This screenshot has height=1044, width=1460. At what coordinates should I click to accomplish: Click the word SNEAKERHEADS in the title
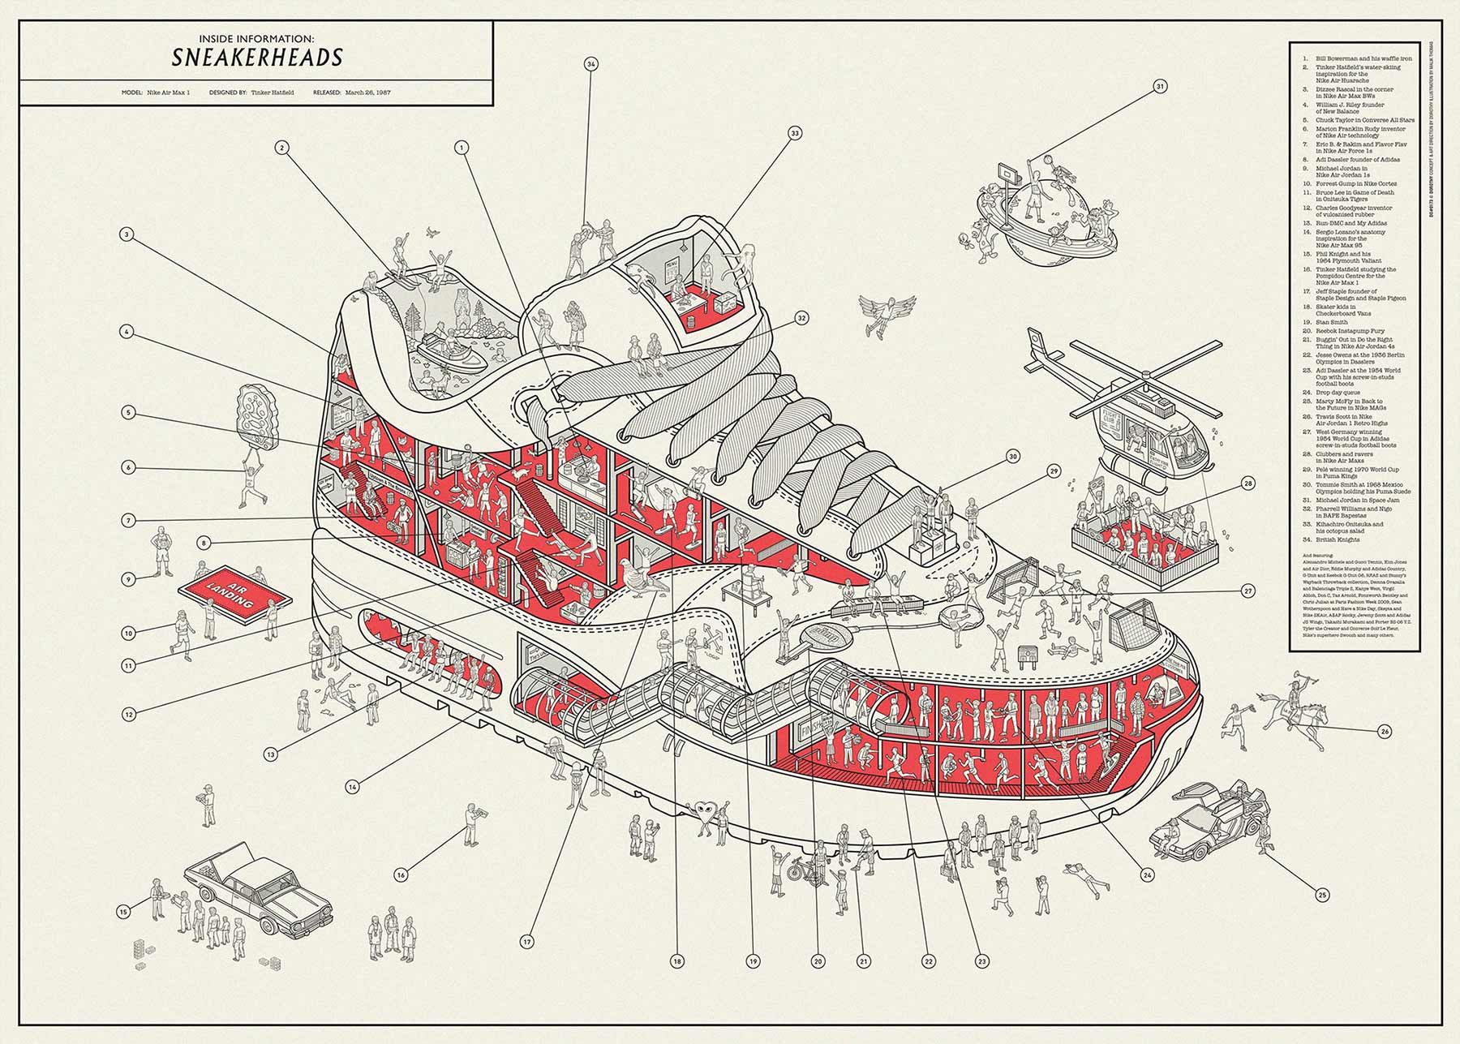[256, 57]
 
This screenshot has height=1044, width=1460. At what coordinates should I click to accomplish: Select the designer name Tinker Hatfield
[280, 92]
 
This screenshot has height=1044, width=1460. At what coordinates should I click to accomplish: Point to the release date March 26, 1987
[367, 92]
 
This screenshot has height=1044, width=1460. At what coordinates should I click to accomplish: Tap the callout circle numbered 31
[1160, 86]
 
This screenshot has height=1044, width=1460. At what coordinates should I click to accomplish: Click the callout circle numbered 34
[590, 64]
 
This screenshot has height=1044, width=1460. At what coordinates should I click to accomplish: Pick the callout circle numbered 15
[123, 913]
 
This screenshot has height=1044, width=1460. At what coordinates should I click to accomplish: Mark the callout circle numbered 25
[1323, 896]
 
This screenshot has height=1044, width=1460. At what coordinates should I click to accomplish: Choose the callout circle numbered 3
[127, 235]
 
